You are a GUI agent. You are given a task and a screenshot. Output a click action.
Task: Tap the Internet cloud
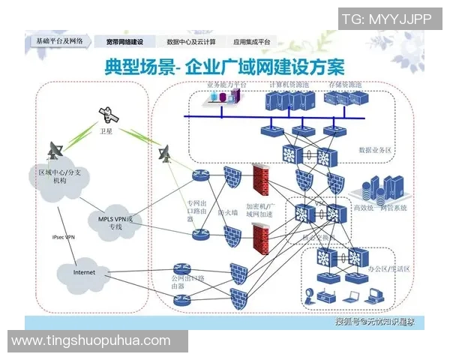click(x=84, y=272)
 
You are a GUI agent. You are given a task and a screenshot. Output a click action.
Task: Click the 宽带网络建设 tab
click(x=125, y=43)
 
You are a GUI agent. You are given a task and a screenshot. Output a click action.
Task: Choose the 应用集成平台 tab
click(x=252, y=43)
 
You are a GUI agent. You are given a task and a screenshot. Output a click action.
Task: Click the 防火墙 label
click(x=227, y=212)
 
